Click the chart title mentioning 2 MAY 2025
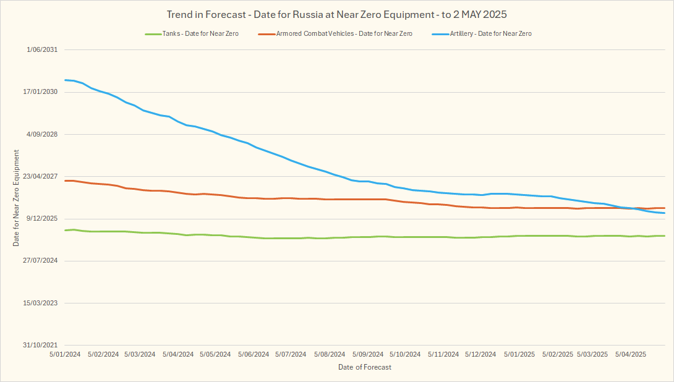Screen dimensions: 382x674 pos(337,14)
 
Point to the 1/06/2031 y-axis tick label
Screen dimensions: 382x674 pos(42,50)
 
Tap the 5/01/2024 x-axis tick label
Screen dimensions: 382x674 pos(65,355)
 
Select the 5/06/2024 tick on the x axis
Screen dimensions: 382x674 pos(254,355)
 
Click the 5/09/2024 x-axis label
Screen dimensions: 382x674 pos(368,355)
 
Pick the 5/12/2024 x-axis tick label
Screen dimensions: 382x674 pos(480,355)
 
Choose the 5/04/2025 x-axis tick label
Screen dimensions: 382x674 pos(631,355)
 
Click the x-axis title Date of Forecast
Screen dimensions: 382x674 pos(365,367)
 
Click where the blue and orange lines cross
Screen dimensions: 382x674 pos(635,208)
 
